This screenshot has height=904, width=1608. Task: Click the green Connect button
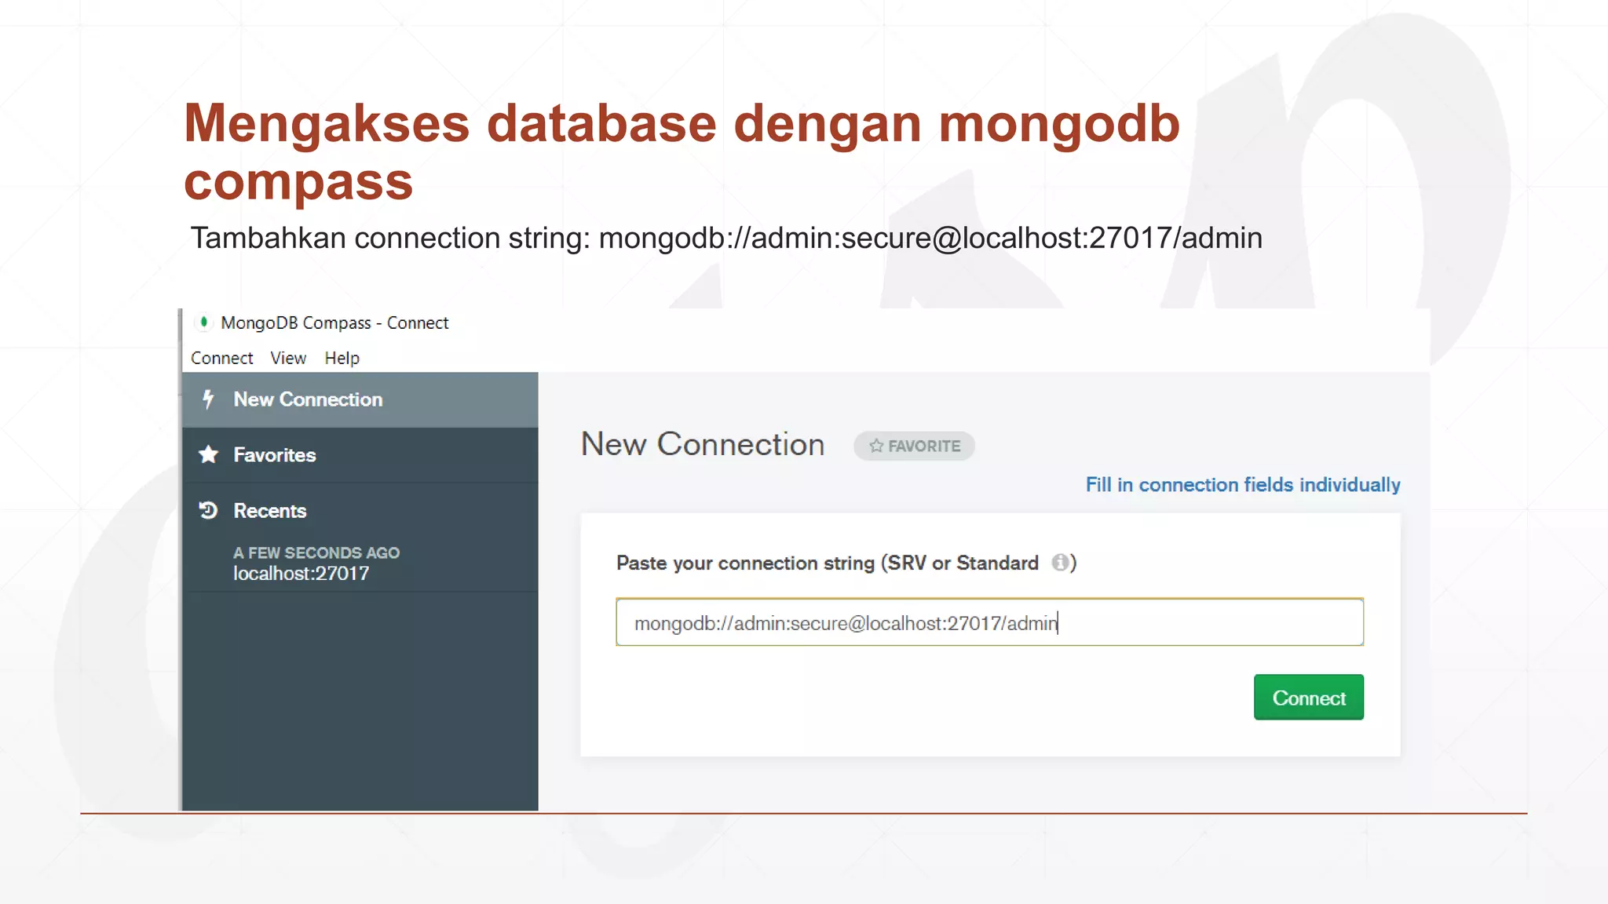pyautogui.click(x=1308, y=698)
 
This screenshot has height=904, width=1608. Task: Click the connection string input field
pyautogui.click(x=989, y=622)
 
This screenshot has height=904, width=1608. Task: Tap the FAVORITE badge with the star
pyautogui.click(x=914, y=446)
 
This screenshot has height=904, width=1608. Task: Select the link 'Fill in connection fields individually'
pyautogui.click(x=1242, y=485)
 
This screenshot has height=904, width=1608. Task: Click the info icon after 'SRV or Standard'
pyautogui.click(x=1060, y=563)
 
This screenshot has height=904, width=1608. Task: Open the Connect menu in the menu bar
pyautogui.click(x=221, y=358)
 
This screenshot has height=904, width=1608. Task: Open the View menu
pyautogui.click(x=288, y=358)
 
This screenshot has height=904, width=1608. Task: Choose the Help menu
pyautogui.click(x=342, y=358)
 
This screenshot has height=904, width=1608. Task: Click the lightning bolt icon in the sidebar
pyautogui.click(x=208, y=399)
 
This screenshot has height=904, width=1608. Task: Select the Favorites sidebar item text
pyautogui.click(x=275, y=455)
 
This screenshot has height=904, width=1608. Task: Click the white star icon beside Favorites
pyautogui.click(x=208, y=454)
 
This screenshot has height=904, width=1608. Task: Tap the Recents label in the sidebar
pyautogui.click(x=270, y=511)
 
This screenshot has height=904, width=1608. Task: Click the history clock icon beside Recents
pyautogui.click(x=208, y=511)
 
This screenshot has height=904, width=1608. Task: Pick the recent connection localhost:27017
pyautogui.click(x=301, y=574)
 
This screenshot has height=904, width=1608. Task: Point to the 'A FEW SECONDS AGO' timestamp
pyautogui.click(x=316, y=552)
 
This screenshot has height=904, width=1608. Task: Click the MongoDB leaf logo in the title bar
pyautogui.click(x=203, y=322)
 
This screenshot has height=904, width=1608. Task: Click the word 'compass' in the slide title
pyautogui.click(x=298, y=182)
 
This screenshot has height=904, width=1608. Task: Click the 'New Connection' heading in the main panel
pyautogui.click(x=703, y=444)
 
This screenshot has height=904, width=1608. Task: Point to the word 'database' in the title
pyautogui.click(x=601, y=123)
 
